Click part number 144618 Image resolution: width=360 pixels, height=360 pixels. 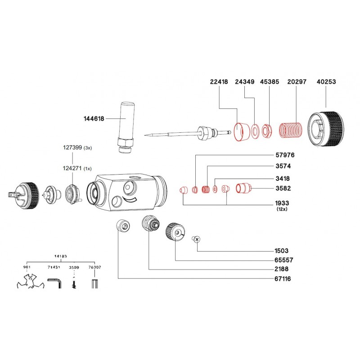pos(94,119)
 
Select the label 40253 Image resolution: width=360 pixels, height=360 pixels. pos(327,82)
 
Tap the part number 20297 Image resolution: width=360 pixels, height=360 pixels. pos(297,82)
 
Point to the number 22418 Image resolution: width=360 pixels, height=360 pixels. pos(219,82)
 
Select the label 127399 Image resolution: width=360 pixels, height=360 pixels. pos(72,147)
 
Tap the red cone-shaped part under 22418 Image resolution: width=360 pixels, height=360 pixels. pos(242,130)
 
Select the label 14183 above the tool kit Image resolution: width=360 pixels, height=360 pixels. pos(61,256)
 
